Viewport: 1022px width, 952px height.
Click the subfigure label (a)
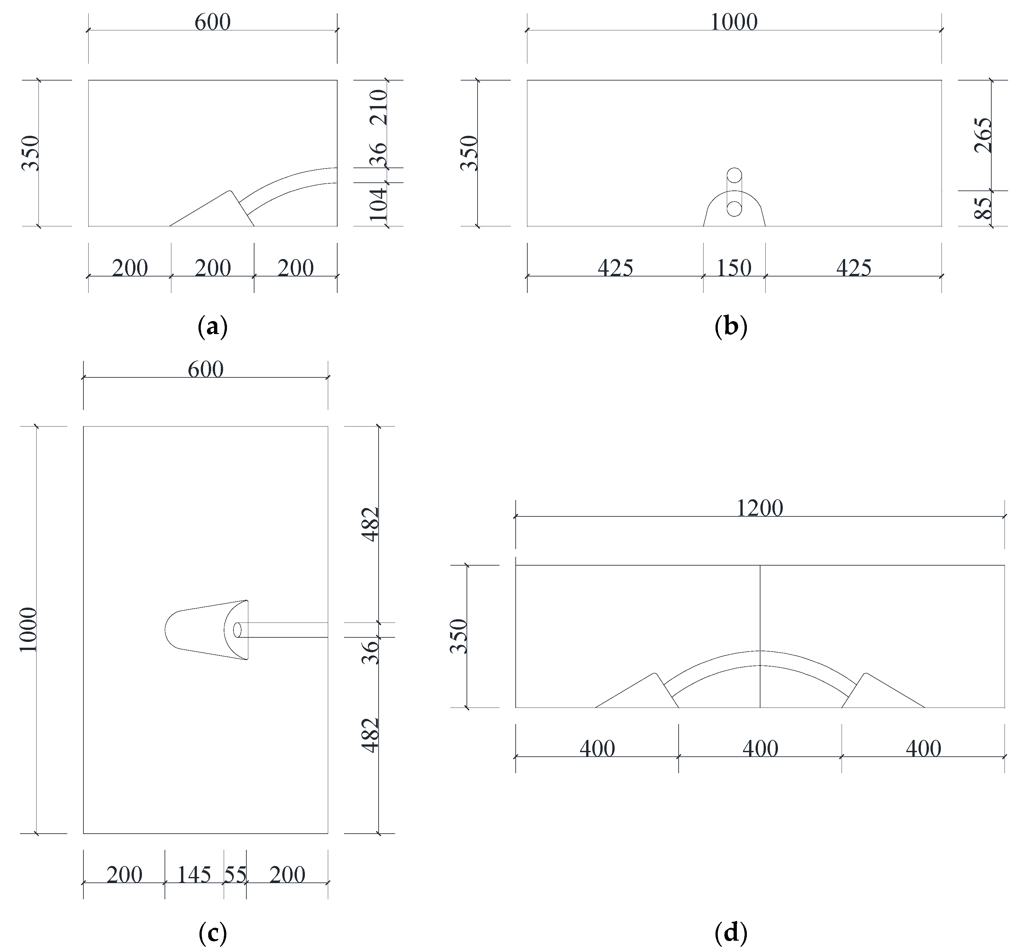click(x=212, y=327)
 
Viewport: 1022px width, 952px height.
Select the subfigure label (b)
click(x=730, y=327)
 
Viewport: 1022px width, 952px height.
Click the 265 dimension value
click(x=983, y=135)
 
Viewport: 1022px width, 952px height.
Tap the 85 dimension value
click(x=983, y=208)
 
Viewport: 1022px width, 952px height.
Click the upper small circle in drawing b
click(x=734, y=175)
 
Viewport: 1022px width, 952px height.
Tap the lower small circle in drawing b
click(x=734, y=209)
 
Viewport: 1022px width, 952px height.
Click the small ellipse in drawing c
click(x=238, y=630)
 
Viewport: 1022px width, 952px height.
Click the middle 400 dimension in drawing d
click(x=760, y=749)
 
